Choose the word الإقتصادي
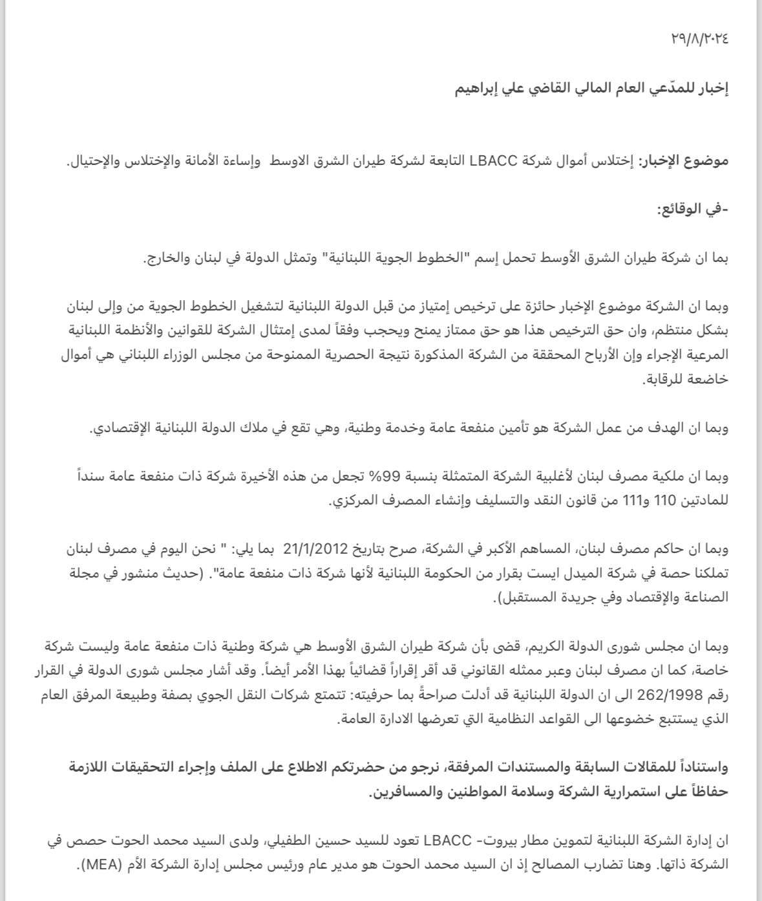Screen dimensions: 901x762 tap(119, 428)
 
